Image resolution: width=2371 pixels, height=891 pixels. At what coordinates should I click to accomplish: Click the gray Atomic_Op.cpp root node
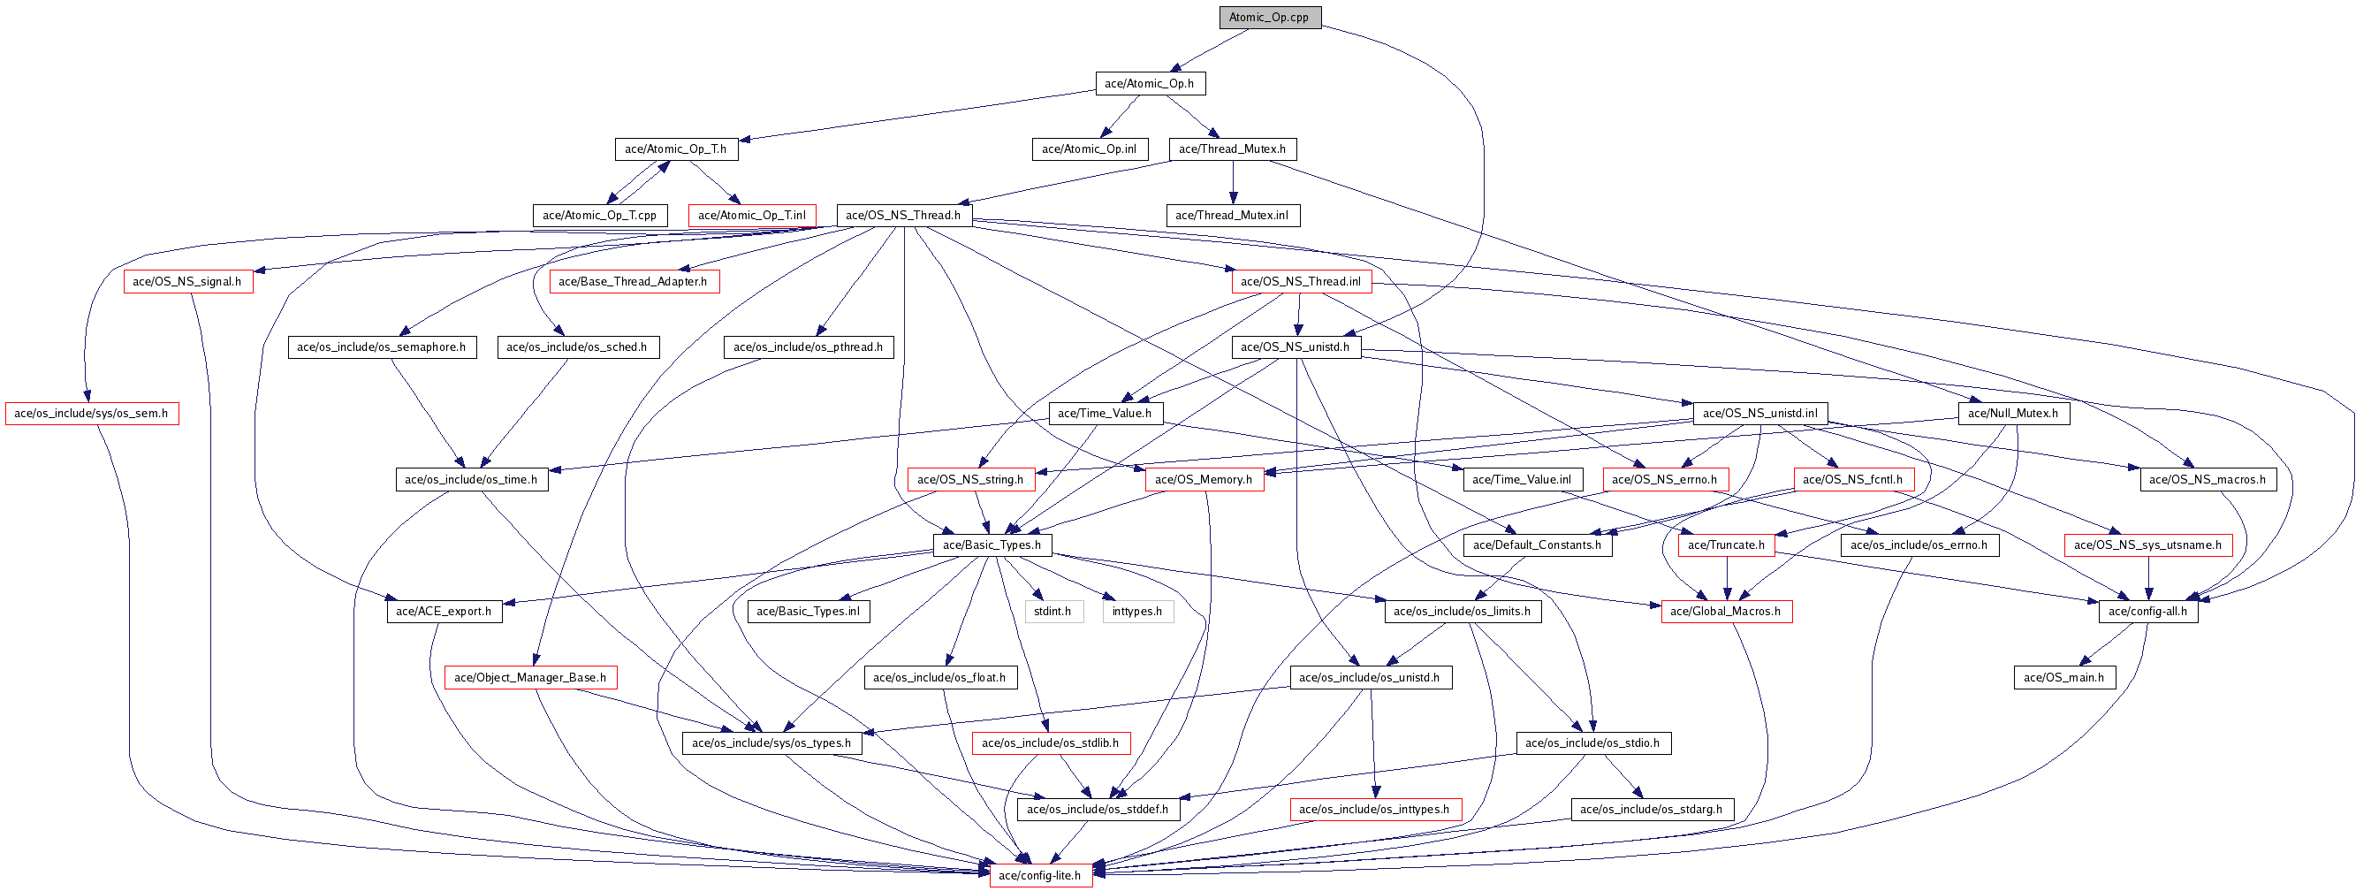pyautogui.click(x=1269, y=18)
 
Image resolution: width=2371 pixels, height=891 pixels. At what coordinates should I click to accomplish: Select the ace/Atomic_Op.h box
pyautogui.click(x=1150, y=84)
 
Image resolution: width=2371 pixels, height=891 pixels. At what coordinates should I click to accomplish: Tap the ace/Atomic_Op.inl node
pyautogui.click(x=1089, y=149)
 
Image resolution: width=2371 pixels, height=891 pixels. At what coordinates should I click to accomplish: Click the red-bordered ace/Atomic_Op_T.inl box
pyautogui.click(x=752, y=216)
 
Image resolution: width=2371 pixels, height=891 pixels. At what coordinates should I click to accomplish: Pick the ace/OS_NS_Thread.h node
pyautogui.click(x=903, y=216)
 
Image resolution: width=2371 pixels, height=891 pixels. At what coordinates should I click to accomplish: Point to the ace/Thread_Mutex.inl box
pyautogui.click(x=1234, y=216)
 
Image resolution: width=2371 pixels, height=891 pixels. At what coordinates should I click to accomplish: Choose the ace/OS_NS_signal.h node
pyautogui.click(x=186, y=282)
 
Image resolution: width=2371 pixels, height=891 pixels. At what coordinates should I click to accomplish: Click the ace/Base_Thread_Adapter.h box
pyautogui.click(x=634, y=282)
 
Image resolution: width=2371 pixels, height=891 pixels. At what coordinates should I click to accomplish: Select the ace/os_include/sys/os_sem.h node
pyautogui.click(x=91, y=414)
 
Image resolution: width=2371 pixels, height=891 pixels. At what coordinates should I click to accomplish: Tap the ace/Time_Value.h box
pyautogui.click(x=1105, y=414)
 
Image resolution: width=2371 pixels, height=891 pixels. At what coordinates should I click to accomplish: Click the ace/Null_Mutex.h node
pyautogui.click(x=2013, y=414)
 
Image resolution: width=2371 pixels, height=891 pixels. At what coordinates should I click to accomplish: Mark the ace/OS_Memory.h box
pyautogui.click(x=1204, y=480)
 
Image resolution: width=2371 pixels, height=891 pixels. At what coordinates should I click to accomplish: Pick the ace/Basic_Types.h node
pyautogui.click(x=992, y=544)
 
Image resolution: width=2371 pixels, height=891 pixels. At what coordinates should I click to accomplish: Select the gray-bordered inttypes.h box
pyautogui.click(x=1137, y=611)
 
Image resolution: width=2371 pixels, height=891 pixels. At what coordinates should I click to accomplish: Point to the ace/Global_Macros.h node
pyautogui.click(x=1726, y=611)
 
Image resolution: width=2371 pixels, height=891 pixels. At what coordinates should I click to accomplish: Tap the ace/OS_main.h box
pyautogui.click(x=2063, y=677)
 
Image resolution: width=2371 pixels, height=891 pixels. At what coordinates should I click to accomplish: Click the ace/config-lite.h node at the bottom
pyautogui.click(x=1040, y=875)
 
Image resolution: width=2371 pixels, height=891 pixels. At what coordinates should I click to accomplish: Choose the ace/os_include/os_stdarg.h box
pyautogui.click(x=1652, y=809)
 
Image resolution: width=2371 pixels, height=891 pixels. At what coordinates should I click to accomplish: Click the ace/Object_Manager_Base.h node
pyautogui.click(x=530, y=677)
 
